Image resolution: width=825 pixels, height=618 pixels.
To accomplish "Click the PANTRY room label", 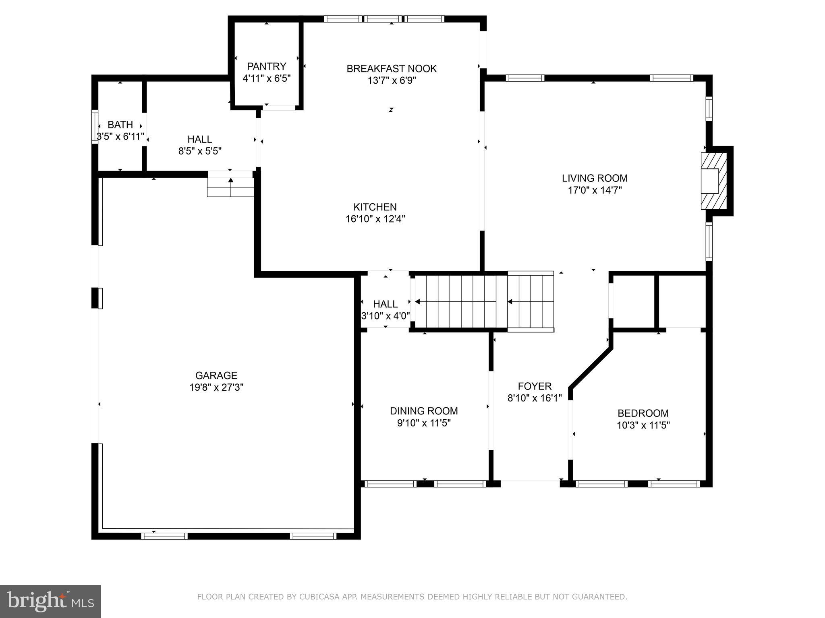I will [x=266, y=66].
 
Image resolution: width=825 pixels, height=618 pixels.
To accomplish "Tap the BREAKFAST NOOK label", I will [x=392, y=68].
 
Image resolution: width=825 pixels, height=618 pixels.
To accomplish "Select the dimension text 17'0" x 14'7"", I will [x=595, y=190].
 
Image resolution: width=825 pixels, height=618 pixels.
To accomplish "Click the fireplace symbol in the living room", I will [x=713, y=181].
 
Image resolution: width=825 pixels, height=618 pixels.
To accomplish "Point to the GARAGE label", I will [x=216, y=375].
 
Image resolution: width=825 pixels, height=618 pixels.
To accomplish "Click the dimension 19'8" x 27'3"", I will [x=216, y=387].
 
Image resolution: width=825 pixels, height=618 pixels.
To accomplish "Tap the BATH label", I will [x=120, y=125].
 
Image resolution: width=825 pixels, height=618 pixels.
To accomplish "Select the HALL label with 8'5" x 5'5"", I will [x=200, y=139].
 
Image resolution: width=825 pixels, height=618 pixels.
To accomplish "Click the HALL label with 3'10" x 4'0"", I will [x=385, y=304].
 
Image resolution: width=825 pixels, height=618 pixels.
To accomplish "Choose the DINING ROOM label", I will [x=424, y=411].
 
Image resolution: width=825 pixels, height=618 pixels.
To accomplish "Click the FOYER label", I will [x=535, y=386].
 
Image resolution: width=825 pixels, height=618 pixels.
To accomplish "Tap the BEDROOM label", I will [x=643, y=413].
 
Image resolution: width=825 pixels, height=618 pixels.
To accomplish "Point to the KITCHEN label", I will [x=375, y=207].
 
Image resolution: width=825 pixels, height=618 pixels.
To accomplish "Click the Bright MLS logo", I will [x=50, y=601].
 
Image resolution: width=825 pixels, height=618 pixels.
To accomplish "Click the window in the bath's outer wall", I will [x=95, y=126].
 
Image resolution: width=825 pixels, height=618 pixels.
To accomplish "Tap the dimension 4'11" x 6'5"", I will [x=266, y=78].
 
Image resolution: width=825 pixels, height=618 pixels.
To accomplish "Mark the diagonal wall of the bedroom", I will [x=591, y=368].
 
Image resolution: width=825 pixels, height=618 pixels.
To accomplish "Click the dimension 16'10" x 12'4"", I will [x=375, y=219].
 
